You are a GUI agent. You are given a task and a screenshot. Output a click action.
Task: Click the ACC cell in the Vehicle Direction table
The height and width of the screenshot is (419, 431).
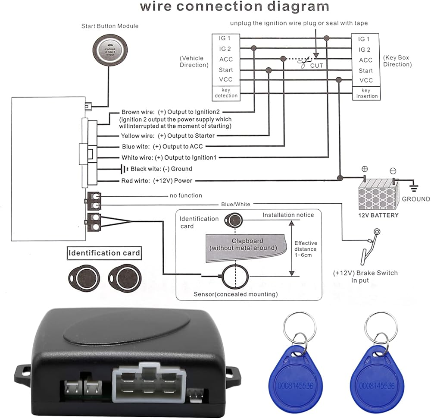pyautogui.click(x=225, y=60)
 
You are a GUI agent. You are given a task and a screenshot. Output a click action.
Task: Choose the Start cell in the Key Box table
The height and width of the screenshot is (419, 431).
pyautogui.click(x=365, y=70)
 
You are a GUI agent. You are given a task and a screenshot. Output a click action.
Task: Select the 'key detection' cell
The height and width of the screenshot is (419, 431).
pyautogui.click(x=225, y=93)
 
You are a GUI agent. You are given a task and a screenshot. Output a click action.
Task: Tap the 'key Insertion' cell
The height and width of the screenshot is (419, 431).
pyautogui.click(x=366, y=93)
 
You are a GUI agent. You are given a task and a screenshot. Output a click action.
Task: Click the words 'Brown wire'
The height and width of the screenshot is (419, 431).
pyautogui.click(x=135, y=112)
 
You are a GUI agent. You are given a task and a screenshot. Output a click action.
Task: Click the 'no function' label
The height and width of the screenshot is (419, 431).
pyautogui.click(x=186, y=195)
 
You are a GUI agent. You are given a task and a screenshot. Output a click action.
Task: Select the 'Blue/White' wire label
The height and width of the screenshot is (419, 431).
pyautogui.click(x=235, y=204)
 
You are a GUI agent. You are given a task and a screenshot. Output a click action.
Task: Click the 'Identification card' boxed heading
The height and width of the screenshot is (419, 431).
pyautogui.click(x=104, y=252)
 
